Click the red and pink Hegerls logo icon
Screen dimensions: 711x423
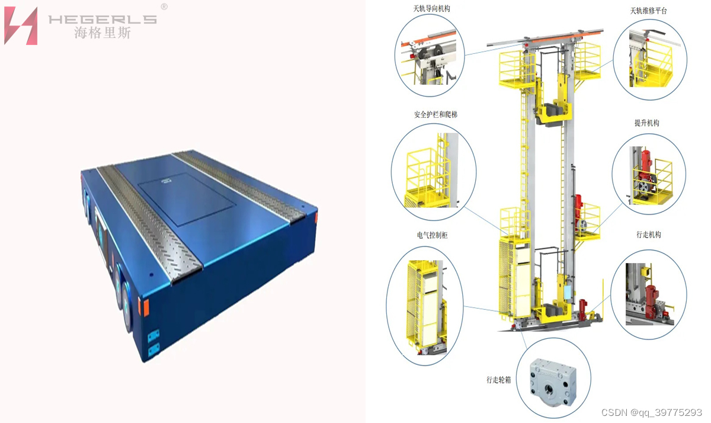tap(21, 25)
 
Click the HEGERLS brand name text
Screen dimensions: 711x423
tap(103, 20)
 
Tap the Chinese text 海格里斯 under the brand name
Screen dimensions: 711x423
tap(103, 33)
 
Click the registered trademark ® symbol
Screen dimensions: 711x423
tap(164, 7)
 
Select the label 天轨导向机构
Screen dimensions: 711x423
tap(431, 8)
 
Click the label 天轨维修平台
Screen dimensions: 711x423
tap(648, 11)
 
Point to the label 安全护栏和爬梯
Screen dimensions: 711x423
tap(435, 114)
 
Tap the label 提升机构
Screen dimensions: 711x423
tap(647, 123)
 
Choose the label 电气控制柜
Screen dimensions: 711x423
tap(433, 235)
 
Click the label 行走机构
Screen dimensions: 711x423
tap(649, 235)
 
